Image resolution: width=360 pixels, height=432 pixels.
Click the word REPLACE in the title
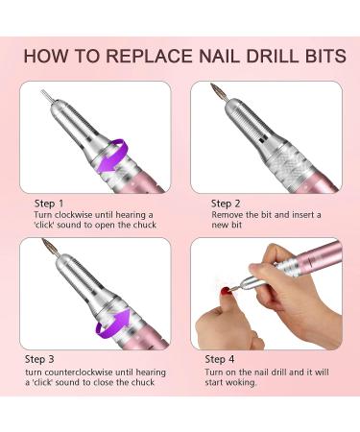point(149,56)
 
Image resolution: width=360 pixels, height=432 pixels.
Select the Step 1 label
point(49,204)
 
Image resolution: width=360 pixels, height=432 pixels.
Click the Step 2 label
point(226,204)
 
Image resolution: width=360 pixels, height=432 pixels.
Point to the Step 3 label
point(39,359)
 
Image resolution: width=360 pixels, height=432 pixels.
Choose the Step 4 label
point(220,359)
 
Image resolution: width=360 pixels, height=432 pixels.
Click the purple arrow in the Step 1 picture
point(112,156)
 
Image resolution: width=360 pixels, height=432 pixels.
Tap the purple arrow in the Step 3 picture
point(112,324)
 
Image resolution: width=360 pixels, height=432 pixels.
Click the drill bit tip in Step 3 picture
point(44,240)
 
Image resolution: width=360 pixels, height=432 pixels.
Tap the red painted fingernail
point(227,291)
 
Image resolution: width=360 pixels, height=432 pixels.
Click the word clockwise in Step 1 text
point(73,215)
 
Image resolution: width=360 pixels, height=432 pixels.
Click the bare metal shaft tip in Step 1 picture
point(46,95)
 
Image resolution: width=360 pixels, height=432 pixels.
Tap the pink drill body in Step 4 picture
point(320,258)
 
